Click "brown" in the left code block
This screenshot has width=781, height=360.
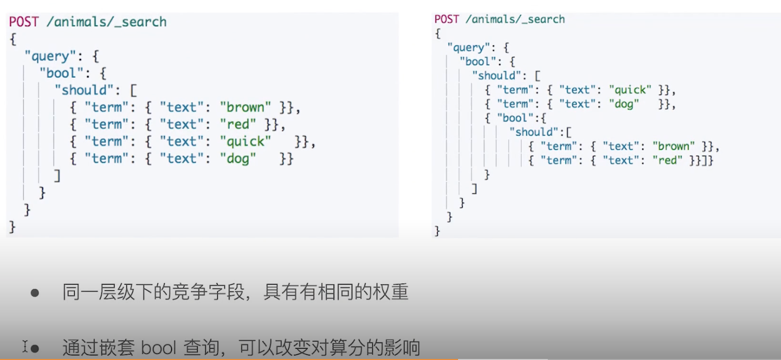(246, 107)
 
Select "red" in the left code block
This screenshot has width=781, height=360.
(238, 124)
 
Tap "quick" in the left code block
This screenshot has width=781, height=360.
(246, 141)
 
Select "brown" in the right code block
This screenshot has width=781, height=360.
(674, 146)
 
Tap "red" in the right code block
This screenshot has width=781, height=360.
(667, 160)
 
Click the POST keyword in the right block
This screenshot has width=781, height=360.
(447, 19)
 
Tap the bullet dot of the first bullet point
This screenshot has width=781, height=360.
(35, 293)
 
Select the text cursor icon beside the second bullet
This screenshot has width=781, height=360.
(24, 346)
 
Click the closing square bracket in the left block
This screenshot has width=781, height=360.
(57, 176)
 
